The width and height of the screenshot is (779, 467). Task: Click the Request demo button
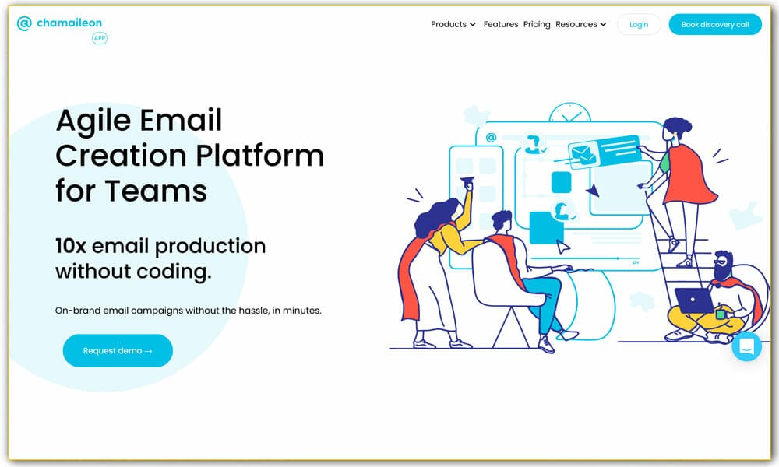pos(118,350)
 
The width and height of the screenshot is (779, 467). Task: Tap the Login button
pos(639,24)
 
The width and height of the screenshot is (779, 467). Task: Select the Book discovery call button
pos(715,24)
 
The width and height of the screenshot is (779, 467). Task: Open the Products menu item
pos(453,24)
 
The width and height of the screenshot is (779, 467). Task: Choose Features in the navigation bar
pos(501,24)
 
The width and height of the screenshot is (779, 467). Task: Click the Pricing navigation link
pos(537,24)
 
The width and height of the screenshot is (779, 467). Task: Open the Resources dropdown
pos(581,24)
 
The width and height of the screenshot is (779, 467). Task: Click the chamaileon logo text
pos(69,23)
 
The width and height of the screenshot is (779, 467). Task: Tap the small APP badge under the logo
pos(100,38)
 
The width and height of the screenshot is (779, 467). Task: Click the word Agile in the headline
pos(93,121)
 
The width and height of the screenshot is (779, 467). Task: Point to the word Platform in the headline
pos(260,156)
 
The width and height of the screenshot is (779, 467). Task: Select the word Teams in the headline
pos(156,191)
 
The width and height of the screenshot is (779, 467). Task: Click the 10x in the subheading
pos(71,246)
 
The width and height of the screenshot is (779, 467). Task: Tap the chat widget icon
pos(747,346)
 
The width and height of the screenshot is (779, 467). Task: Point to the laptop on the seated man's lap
pos(694,300)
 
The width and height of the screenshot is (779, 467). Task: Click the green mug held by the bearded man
pos(721,313)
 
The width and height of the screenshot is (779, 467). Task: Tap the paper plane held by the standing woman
pos(467,182)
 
